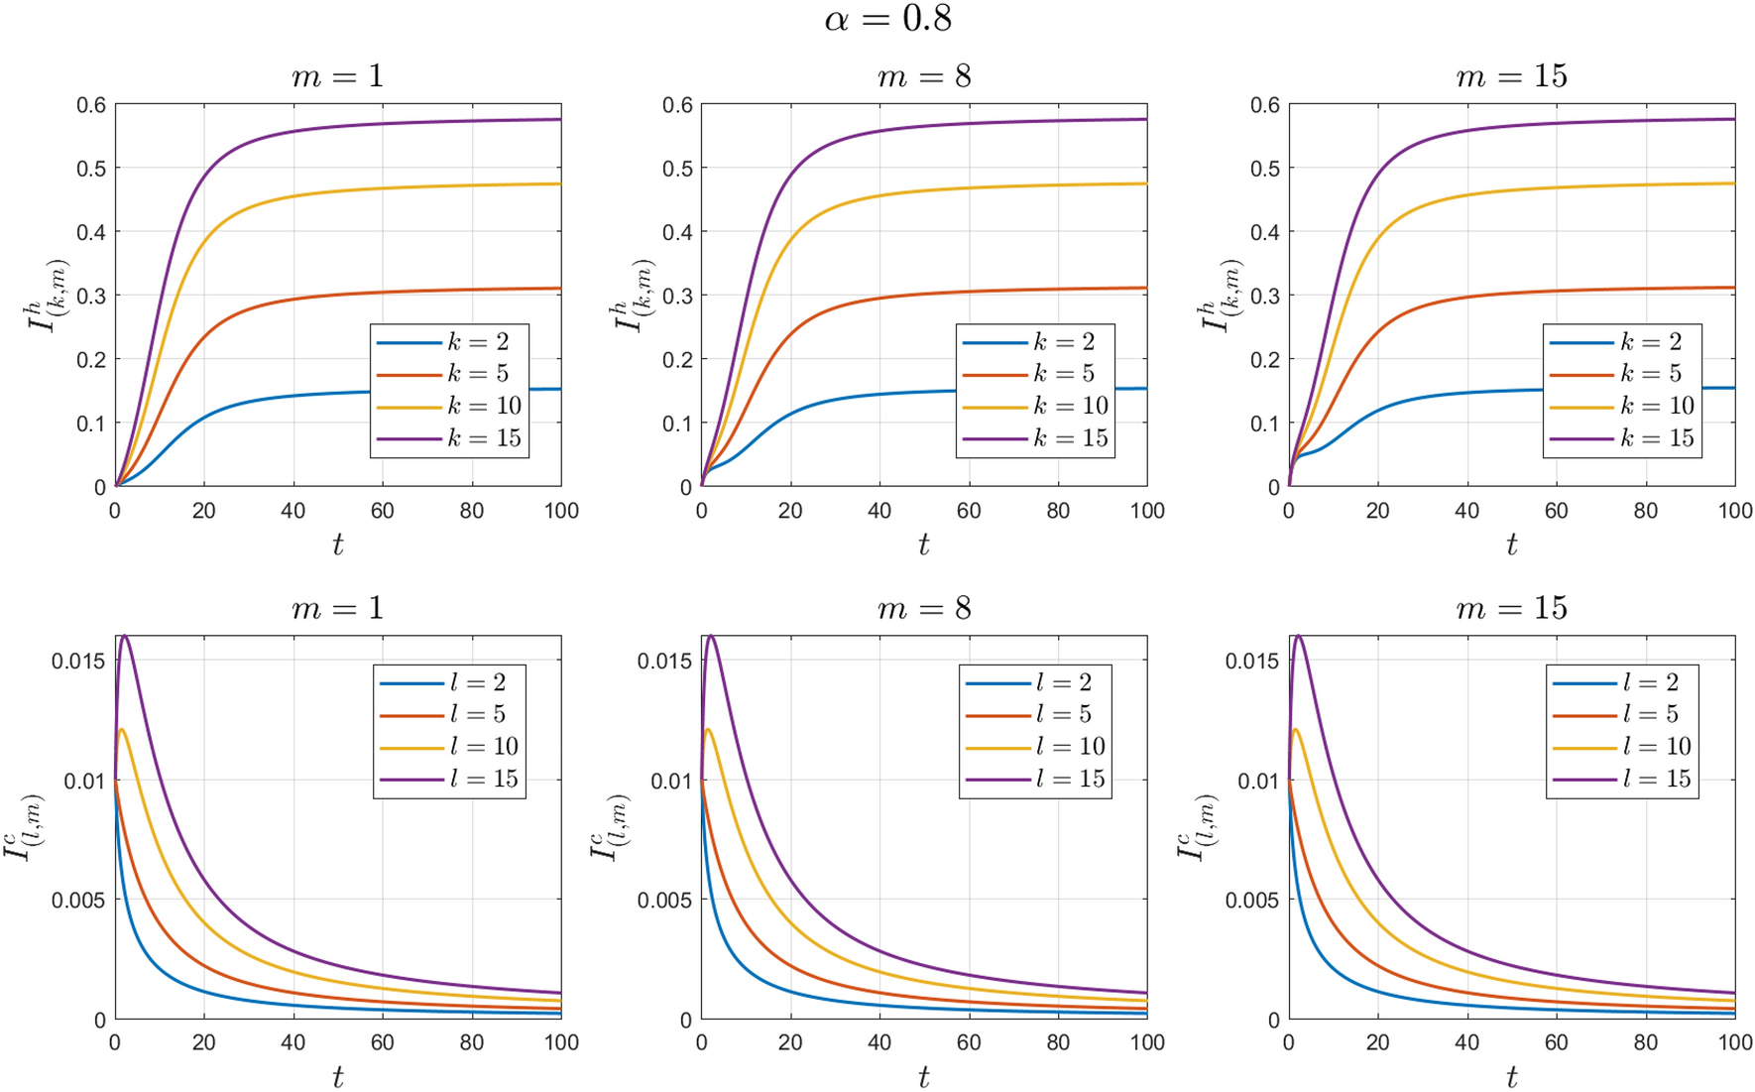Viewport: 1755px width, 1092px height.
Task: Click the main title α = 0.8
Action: coord(887,19)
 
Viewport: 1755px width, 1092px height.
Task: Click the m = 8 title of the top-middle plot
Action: coord(924,76)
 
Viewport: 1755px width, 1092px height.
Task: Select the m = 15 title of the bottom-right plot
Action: coord(1511,608)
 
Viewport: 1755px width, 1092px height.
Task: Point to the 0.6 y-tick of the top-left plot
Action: coord(91,105)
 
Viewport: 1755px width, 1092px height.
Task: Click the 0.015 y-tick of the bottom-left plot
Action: coord(78,661)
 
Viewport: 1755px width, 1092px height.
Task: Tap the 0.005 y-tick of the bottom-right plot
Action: coord(1252,901)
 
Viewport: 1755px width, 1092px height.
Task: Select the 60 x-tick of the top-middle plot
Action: coord(969,511)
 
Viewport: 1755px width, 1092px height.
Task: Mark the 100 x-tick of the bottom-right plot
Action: coord(1734,1042)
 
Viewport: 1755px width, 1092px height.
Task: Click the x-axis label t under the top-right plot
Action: coord(1511,545)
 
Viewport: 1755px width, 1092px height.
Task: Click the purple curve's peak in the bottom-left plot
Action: coord(124,636)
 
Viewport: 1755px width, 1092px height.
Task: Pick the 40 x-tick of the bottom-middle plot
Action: coord(879,1042)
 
